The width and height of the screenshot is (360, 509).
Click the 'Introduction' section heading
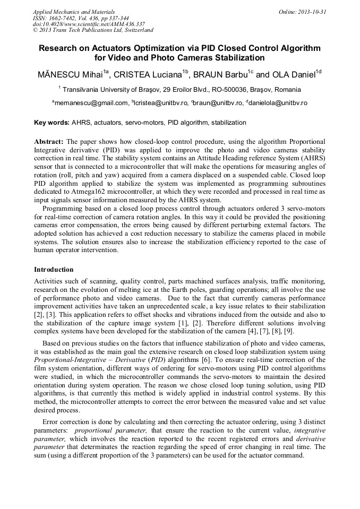coord(54,270)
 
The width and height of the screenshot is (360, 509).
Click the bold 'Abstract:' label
coord(49,142)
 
